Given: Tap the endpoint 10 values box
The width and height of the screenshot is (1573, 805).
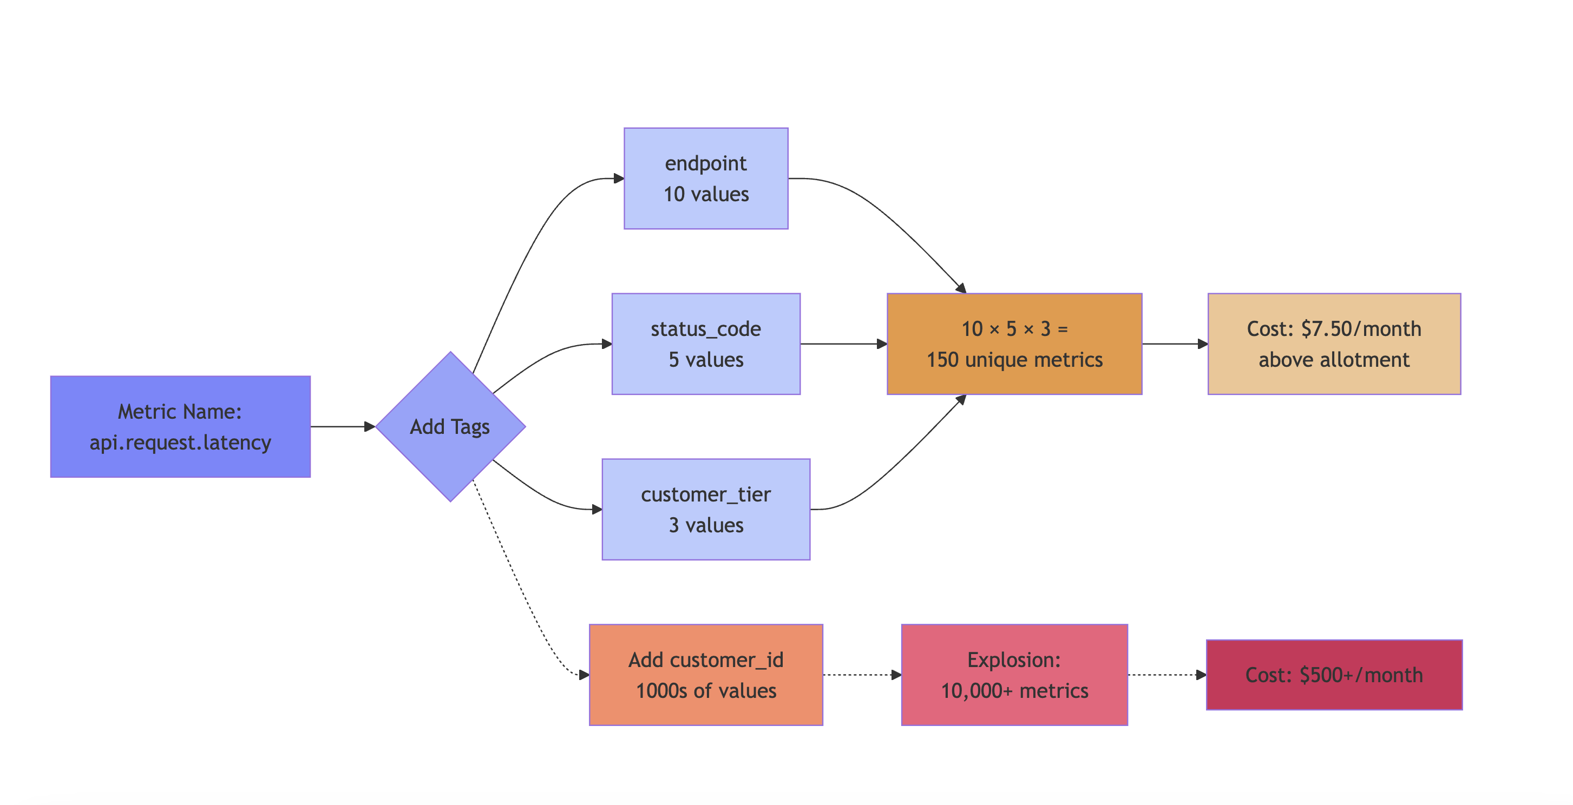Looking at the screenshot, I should point(706,178).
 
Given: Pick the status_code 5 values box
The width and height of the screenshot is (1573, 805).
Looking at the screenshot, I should point(706,344).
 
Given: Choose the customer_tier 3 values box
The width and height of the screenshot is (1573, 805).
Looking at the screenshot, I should point(706,509).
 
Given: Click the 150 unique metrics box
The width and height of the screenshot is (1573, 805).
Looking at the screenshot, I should point(1014,344).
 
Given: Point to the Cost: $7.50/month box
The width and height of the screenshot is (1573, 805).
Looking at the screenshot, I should point(1334,344).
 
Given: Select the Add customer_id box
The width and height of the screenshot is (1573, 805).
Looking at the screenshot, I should point(706,675).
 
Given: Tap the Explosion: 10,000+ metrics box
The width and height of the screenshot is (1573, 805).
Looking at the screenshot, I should point(1014,675).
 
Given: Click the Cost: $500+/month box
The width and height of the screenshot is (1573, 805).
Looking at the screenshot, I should point(1334,675).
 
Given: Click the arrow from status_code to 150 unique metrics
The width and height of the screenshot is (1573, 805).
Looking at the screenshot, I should point(843,344).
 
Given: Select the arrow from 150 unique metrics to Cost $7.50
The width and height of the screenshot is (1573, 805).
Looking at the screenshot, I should point(1174,344).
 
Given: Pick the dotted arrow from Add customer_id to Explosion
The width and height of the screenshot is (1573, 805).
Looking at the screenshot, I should point(861,675).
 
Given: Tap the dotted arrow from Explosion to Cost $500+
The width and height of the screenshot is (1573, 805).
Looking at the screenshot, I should point(1166,675).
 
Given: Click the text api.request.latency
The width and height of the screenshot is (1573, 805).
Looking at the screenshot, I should point(180,442).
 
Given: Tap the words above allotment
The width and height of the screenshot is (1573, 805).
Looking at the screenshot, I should point(1334,359).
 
